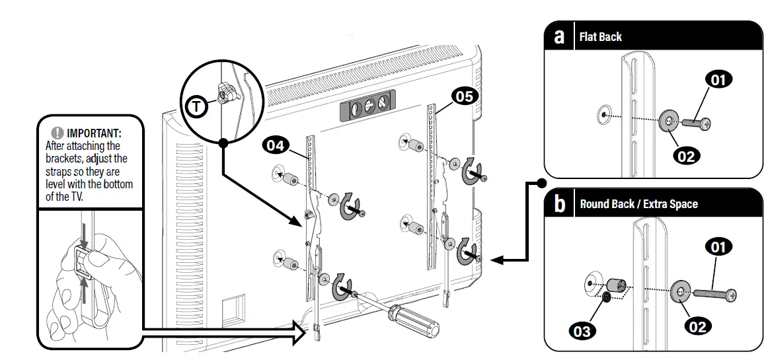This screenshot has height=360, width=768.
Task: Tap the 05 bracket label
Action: click(x=464, y=96)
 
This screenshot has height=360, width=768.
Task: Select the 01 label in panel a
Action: click(x=718, y=81)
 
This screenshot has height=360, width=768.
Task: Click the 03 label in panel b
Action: click(x=582, y=330)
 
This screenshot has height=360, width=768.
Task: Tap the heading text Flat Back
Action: click(x=600, y=37)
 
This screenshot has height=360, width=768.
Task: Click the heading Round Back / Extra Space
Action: click(x=638, y=204)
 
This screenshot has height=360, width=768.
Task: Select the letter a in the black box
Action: click(x=559, y=36)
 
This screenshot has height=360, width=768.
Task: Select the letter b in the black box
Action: click(x=560, y=203)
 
